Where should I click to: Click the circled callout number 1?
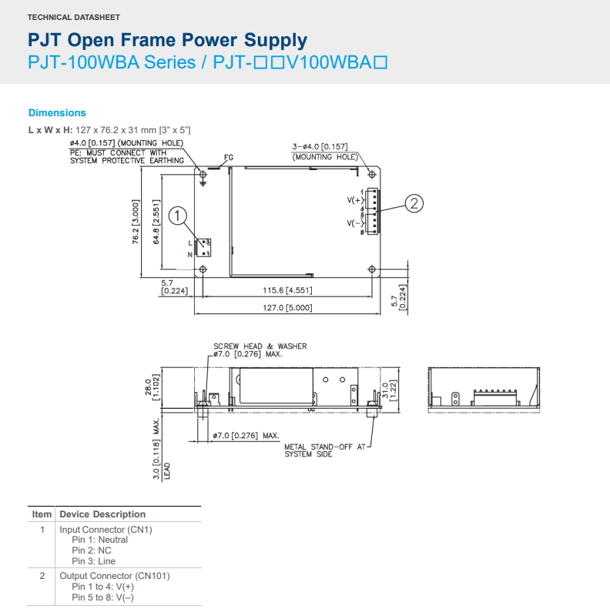click(178, 216)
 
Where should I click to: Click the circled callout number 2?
click(414, 203)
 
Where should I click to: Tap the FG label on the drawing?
click(228, 158)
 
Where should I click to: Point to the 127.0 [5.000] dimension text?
click(287, 307)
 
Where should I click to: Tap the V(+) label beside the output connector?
click(355, 200)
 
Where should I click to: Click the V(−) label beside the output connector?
click(355, 223)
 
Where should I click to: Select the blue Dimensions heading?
click(57, 112)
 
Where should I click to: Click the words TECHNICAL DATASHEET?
click(73, 17)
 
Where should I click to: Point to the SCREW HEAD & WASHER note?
click(260, 346)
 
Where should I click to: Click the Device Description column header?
click(102, 514)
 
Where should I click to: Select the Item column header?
click(42, 514)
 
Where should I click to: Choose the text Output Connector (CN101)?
click(115, 576)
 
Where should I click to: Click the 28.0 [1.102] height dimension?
click(152, 387)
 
